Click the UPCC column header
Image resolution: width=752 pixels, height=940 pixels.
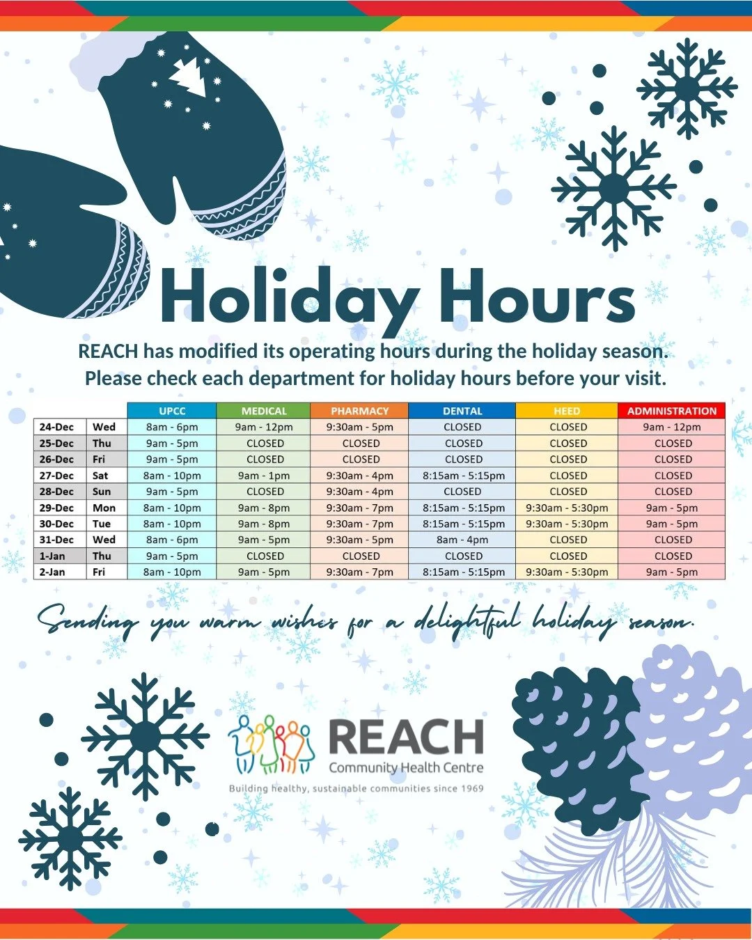pos(172,411)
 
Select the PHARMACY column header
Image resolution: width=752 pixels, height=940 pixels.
pos(360,411)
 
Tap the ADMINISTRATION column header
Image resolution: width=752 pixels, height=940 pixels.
pos(672,411)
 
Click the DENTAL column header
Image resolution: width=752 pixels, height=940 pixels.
pos(462,411)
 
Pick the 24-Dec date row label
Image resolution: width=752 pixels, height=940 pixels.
pos(56,427)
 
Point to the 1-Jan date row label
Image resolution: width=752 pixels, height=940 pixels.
pos(52,556)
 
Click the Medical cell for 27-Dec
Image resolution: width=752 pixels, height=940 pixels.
pos(264,476)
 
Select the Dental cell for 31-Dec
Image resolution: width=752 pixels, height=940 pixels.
pos(462,540)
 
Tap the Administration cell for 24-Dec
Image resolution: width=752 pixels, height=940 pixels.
pos(672,427)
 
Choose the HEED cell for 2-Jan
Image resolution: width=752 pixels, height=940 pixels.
pos(567,572)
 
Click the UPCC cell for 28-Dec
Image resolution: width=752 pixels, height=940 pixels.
pos(172,492)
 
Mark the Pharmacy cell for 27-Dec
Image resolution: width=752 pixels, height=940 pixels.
pos(360,476)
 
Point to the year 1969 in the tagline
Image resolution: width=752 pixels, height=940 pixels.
pos(471,789)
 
